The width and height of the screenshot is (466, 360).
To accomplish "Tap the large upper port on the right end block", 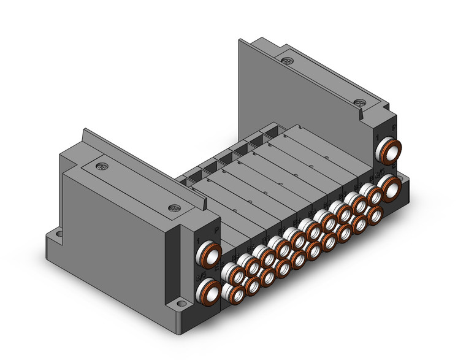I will [389, 149].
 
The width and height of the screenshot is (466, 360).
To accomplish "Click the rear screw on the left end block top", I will [101, 166].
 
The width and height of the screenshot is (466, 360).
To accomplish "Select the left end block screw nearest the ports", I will [175, 208].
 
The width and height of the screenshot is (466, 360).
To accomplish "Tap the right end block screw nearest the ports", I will [361, 102].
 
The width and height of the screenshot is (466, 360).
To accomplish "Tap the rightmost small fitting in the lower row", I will [374, 214].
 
